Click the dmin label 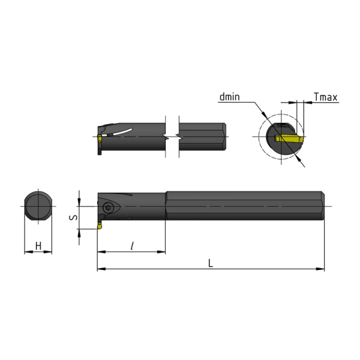229,97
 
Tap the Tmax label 326,97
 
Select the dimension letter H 38,245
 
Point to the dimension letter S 73,217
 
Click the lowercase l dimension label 132,245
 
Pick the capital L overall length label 211,263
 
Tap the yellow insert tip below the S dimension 100,226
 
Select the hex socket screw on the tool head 108,208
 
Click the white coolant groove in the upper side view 117,133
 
